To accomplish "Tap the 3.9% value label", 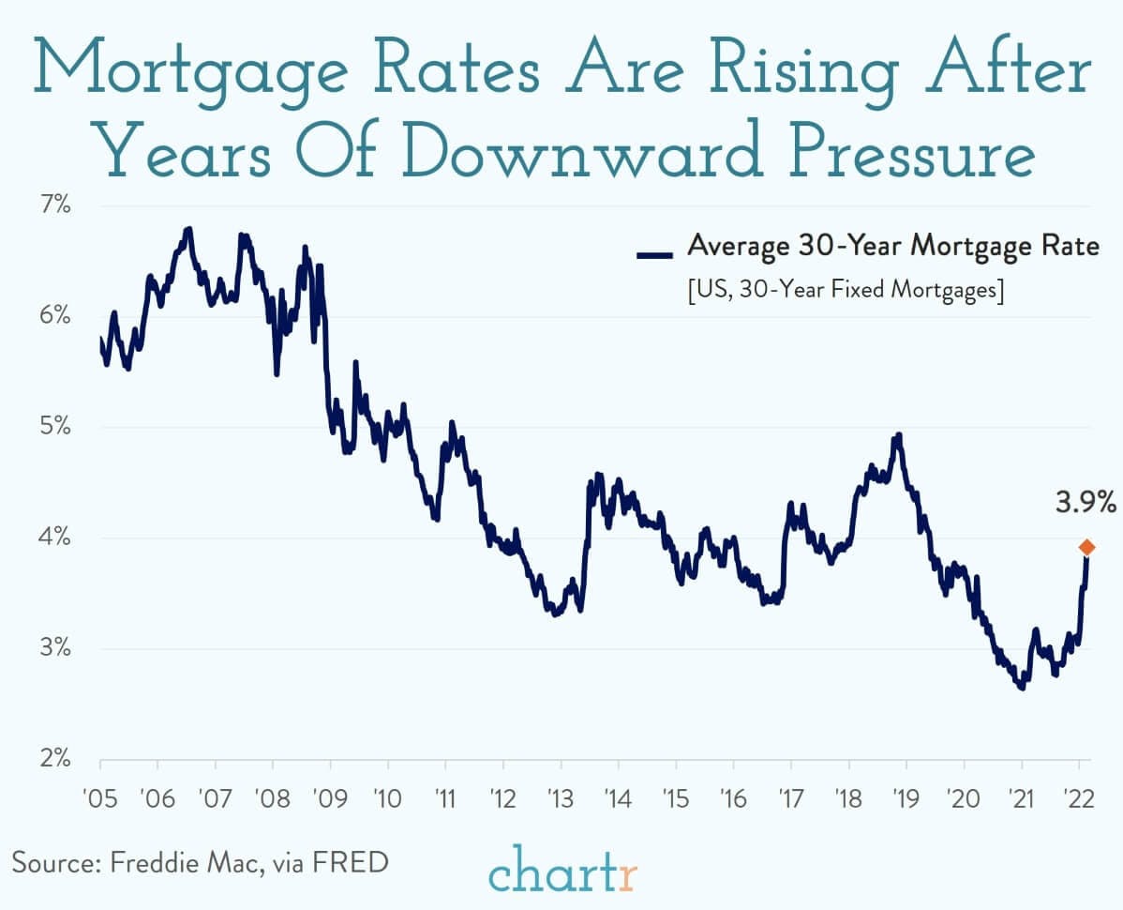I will [x=1086, y=504].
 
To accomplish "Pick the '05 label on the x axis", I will [x=99, y=799].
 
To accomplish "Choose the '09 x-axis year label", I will [x=329, y=799].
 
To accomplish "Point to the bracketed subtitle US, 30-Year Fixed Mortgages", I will [x=845, y=290].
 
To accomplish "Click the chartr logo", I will [x=562, y=869].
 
